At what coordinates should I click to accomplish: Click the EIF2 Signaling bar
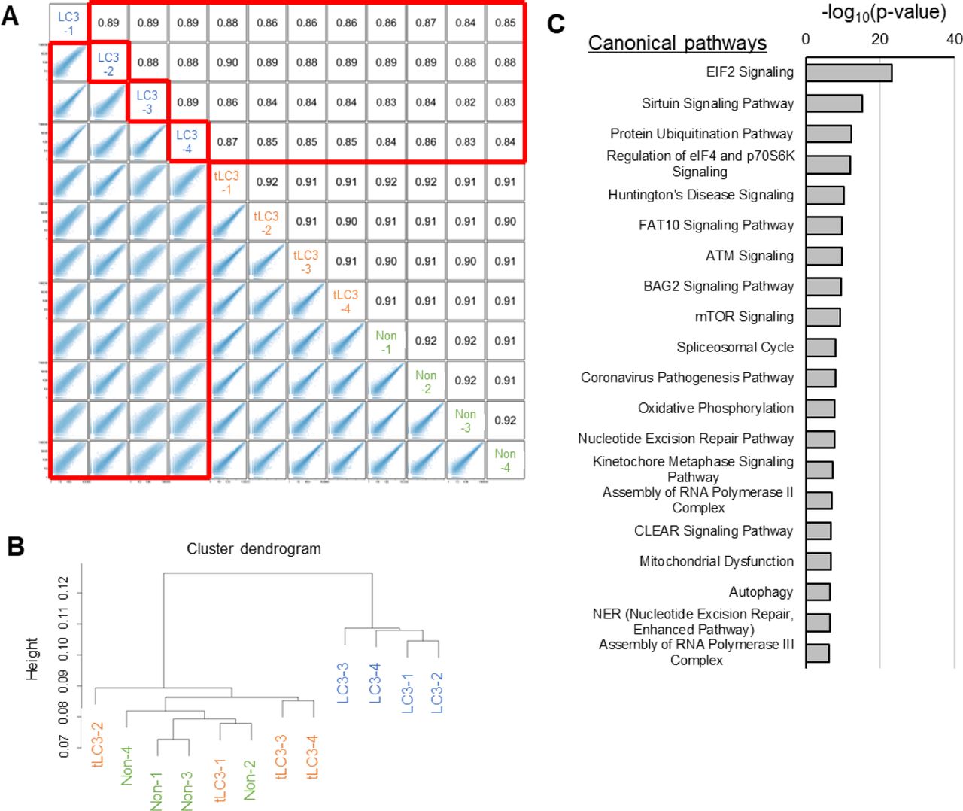click(849, 73)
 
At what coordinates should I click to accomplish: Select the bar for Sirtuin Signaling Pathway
click(834, 103)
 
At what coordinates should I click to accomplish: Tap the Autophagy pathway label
click(761, 592)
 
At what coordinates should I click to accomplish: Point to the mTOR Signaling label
click(744, 317)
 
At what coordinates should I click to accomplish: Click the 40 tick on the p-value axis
click(954, 39)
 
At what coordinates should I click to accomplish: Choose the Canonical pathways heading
click(677, 43)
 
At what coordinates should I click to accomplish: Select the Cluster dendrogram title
click(254, 549)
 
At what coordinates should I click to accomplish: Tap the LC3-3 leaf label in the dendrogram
click(343, 682)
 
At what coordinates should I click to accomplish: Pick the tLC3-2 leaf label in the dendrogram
click(97, 745)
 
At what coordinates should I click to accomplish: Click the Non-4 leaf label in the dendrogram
click(127, 765)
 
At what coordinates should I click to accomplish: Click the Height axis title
click(32, 659)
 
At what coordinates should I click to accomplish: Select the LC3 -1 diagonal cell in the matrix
click(68, 23)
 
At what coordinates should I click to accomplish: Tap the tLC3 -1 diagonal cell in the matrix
click(226, 182)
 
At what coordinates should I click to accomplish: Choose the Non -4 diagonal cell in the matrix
click(505, 460)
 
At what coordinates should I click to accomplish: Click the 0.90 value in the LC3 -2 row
click(227, 62)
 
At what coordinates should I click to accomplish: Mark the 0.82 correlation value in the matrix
click(465, 102)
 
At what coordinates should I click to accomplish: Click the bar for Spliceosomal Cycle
click(820, 348)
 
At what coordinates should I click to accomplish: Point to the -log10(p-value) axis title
click(883, 12)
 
